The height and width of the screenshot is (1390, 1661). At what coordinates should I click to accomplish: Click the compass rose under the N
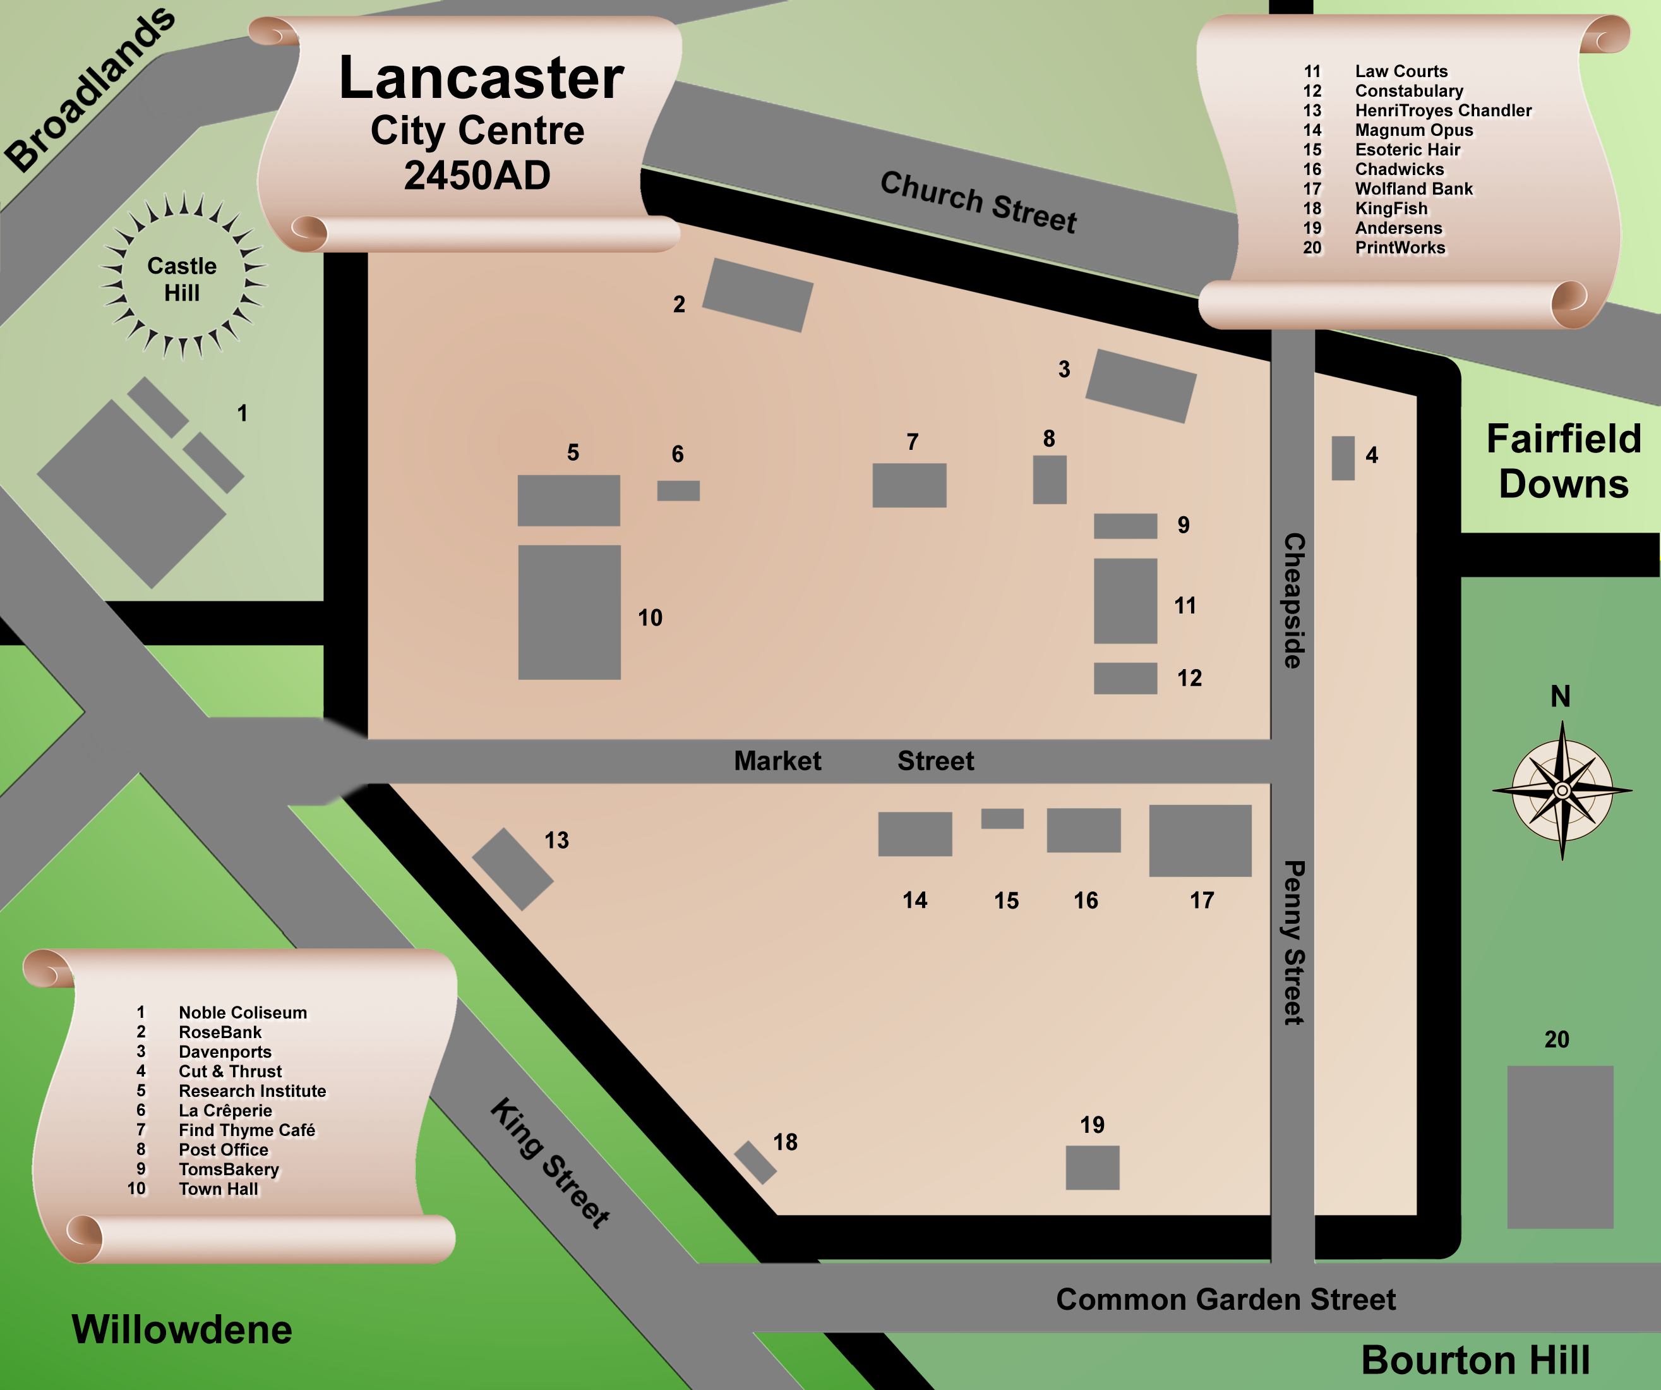[1562, 790]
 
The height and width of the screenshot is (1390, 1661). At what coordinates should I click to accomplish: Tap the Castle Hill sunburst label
[182, 279]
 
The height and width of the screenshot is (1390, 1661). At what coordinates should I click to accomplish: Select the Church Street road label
[978, 202]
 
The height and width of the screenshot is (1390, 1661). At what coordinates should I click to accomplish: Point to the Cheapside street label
[1293, 600]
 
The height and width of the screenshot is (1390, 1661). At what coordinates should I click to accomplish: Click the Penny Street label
[1293, 942]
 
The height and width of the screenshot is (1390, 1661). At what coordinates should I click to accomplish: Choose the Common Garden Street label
[1225, 1299]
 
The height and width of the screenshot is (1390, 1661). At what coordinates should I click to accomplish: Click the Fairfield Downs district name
[1564, 461]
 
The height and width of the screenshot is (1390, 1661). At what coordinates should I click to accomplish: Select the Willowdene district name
[182, 1329]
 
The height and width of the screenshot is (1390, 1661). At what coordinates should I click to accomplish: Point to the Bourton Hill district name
[1475, 1360]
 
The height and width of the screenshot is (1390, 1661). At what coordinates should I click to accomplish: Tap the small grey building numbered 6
[678, 490]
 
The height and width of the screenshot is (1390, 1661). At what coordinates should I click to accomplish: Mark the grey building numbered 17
[1200, 840]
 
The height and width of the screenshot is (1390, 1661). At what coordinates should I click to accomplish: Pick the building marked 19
[1093, 1167]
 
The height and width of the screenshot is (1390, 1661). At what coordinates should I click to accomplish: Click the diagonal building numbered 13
[513, 869]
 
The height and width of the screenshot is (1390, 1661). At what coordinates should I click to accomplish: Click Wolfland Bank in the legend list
[1413, 189]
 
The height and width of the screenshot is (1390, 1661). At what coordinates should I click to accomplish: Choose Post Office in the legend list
[223, 1149]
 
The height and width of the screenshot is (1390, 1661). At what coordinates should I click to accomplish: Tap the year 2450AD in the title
[477, 175]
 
